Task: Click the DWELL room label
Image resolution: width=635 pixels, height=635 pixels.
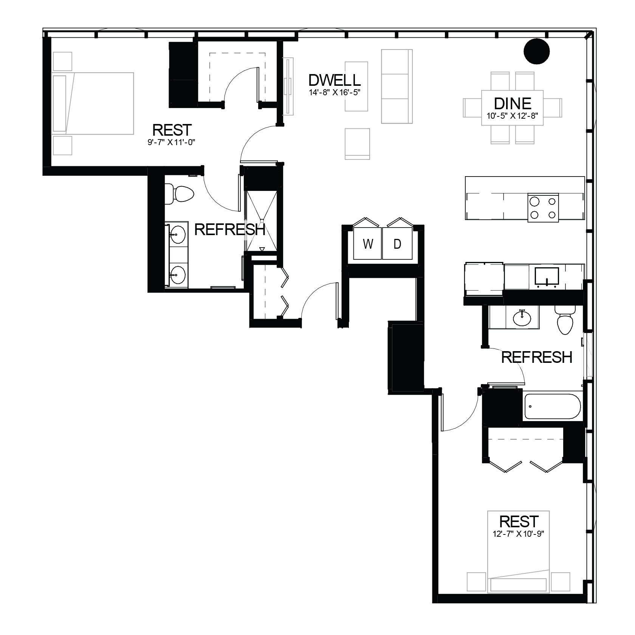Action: pyautogui.click(x=335, y=80)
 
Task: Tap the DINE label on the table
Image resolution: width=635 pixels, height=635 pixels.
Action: pyautogui.click(x=513, y=103)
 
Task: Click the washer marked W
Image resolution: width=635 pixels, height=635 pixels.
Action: pyautogui.click(x=367, y=244)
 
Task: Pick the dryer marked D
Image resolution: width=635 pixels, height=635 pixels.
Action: pyautogui.click(x=397, y=244)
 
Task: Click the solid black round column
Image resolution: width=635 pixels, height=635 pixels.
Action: pyautogui.click(x=537, y=51)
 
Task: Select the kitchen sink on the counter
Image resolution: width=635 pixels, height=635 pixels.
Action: pyautogui.click(x=547, y=277)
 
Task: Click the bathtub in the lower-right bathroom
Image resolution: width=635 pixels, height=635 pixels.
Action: pyautogui.click(x=552, y=407)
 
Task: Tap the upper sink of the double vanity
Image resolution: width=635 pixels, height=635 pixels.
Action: pyautogui.click(x=177, y=235)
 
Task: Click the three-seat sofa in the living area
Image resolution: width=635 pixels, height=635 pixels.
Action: pyautogui.click(x=395, y=86)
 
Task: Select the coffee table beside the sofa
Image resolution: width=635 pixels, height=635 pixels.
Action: pyautogui.click(x=356, y=86)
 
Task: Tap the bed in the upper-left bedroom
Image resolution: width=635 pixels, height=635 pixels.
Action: pyautogui.click(x=93, y=103)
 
